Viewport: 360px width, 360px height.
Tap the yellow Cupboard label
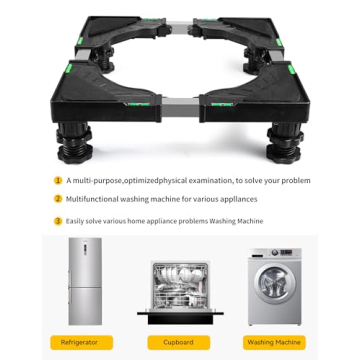179,342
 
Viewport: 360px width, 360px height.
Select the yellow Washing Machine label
274,342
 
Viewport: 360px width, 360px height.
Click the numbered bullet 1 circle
58,181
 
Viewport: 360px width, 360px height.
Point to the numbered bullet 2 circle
58,199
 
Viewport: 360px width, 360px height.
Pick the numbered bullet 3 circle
58,221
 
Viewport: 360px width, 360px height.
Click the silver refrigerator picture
85,281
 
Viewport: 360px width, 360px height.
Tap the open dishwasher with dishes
180,293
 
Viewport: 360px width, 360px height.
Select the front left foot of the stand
74,143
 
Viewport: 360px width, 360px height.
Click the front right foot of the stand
285,143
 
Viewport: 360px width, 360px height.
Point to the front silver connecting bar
180,107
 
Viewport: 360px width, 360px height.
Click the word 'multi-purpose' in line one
97,181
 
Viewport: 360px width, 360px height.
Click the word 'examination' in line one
210,181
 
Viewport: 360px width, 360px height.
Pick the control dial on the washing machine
275,253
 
